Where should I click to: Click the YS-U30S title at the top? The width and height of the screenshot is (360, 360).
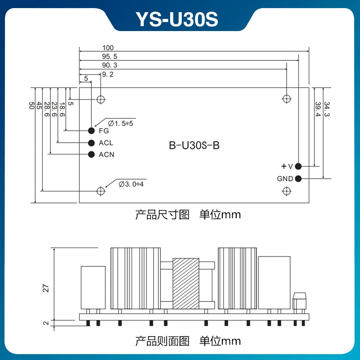177,19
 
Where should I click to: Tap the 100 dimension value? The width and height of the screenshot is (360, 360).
108,48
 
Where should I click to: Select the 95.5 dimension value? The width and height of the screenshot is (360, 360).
109,57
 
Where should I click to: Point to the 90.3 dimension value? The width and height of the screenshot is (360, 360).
109,65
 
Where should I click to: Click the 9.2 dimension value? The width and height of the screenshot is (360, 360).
108,74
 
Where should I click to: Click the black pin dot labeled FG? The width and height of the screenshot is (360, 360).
91,130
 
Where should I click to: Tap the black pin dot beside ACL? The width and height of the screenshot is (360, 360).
91,143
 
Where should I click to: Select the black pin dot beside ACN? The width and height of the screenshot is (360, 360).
91,154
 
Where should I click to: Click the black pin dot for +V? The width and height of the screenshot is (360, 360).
298,166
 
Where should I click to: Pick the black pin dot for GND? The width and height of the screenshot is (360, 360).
298,178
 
